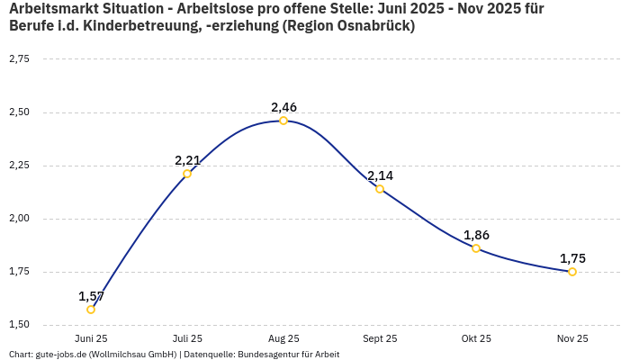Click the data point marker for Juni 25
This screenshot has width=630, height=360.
pyautogui.click(x=91, y=310)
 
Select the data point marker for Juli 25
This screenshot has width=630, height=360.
pyautogui.click(x=187, y=174)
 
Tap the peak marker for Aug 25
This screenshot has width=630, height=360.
pyautogui.click(x=283, y=121)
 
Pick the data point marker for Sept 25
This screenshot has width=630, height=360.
pyautogui.click(x=380, y=189)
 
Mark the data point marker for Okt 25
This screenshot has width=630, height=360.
pyautogui.click(x=476, y=248)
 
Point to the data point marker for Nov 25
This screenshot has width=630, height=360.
pyautogui.click(x=572, y=272)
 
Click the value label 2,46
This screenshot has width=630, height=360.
pyautogui.click(x=283, y=107)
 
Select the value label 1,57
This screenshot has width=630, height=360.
pyautogui.click(x=91, y=296)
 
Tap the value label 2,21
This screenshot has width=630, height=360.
pyautogui.click(x=187, y=160)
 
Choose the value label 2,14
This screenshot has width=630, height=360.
pyautogui.click(x=380, y=175)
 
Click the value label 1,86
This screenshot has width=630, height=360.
pyautogui.click(x=476, y=235)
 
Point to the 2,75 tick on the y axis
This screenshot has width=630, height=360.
pyautogui.click(x=19, y=59)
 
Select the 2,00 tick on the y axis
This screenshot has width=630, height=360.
pyautogui.click(x=19, y=219)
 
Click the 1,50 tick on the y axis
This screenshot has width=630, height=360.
pyautogui.click(x=19, y=325)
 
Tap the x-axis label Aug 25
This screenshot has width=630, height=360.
pyautogui.click(x=283, y=339)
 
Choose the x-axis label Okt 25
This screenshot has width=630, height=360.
pyautogui.click(x=476, y=339)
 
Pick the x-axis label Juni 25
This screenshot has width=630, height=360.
pyautogui.click(x=91, y=339)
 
